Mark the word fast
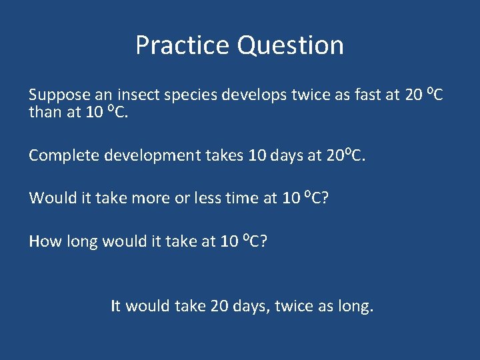point(366,95)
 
